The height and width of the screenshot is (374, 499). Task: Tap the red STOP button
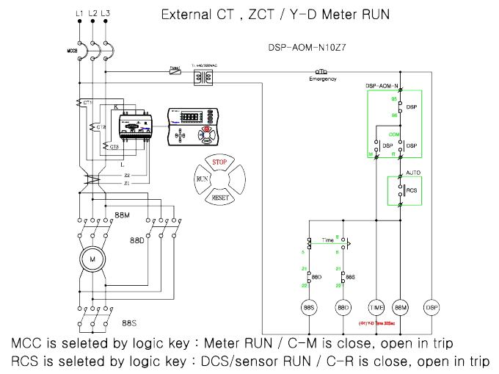coord(219,162)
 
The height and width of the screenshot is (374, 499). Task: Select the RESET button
coord(219,198)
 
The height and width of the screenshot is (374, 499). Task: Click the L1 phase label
coord(79,14)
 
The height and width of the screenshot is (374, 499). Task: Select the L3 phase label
coord(107,14)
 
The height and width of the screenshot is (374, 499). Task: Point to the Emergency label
coord(322,79)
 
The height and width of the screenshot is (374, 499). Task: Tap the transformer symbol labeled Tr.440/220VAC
coord(200,76)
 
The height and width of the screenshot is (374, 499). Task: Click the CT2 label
coord(101,127)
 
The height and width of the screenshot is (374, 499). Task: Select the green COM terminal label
coord(393,134)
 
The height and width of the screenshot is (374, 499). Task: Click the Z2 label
coord(127,176)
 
